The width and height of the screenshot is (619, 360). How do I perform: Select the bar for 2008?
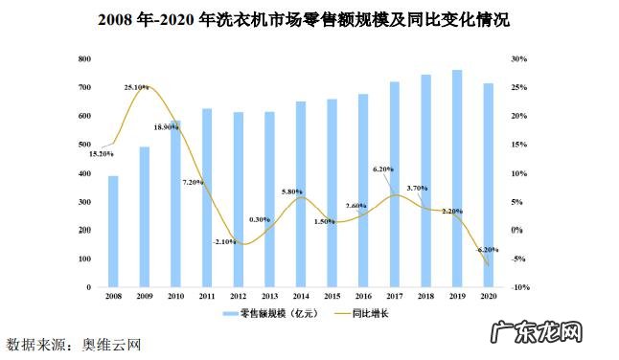pos(113,232)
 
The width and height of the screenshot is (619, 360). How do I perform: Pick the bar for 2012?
pos(238,200)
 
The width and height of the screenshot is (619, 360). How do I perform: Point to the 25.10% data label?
pos(136,87)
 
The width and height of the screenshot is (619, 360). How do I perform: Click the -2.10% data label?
pos(225,241)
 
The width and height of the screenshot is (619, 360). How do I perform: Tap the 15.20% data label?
pos(101,154)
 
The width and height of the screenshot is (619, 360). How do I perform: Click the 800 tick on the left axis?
pos(84,59)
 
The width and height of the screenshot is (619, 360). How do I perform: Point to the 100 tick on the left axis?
pos(84,259)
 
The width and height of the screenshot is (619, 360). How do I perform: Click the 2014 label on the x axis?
pos(300,298)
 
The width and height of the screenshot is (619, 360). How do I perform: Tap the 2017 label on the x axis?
pos(394,298)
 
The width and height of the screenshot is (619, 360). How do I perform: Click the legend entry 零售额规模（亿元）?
pos(272,313)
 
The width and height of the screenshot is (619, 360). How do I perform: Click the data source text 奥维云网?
pos(112,343)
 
